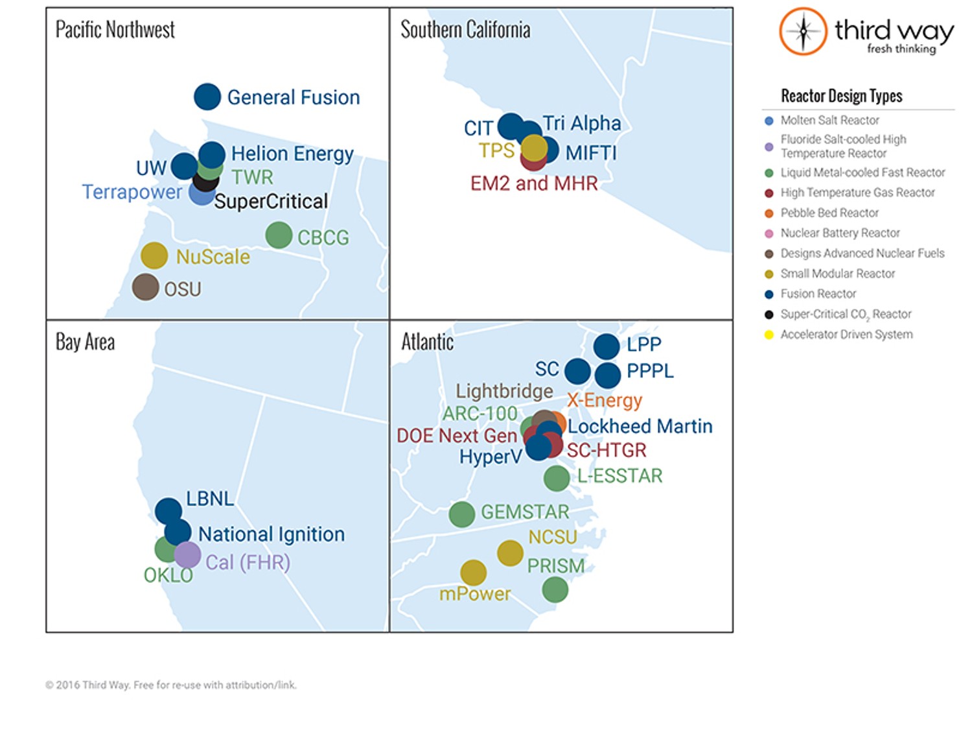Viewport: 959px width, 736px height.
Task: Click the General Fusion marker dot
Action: click(x=207, y=97)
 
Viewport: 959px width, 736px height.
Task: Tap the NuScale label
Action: click(x=213, y=257)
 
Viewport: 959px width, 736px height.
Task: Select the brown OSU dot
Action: click(x=146, y=287)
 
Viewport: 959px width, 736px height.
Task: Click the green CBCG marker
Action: click(x=279, y=235)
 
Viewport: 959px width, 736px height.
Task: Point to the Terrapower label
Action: click(x=132, y=193)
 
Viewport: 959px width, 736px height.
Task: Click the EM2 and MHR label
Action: click(x=534, y=184)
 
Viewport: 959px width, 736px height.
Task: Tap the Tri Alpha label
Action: click(x=581, y=123)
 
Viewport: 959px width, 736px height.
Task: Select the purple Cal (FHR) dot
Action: click(x=187, y=555)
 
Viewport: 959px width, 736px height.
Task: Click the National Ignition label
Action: click(x=271, y=534)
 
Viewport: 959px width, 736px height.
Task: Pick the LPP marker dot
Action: click(x=607, y=346)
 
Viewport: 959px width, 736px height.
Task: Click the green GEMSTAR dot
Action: click(x=462, y=514)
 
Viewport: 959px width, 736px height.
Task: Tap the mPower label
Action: click(x=475, y=594)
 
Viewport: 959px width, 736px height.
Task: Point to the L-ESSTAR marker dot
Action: click(x=557, y=479)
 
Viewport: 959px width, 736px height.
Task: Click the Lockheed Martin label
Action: click(x=640, y=426)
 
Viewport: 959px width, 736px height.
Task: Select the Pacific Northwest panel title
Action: click(x=115, y=30)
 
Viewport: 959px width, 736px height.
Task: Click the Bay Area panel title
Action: click(x=85, y=342)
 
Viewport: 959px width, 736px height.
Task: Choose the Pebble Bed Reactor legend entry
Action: click(x=829, y=213)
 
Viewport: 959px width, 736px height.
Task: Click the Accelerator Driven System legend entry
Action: click(x=846, y=335)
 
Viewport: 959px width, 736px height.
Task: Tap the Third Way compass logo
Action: click(x=803, y=31)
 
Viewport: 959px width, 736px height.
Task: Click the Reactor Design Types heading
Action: click(x=841, y=96)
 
